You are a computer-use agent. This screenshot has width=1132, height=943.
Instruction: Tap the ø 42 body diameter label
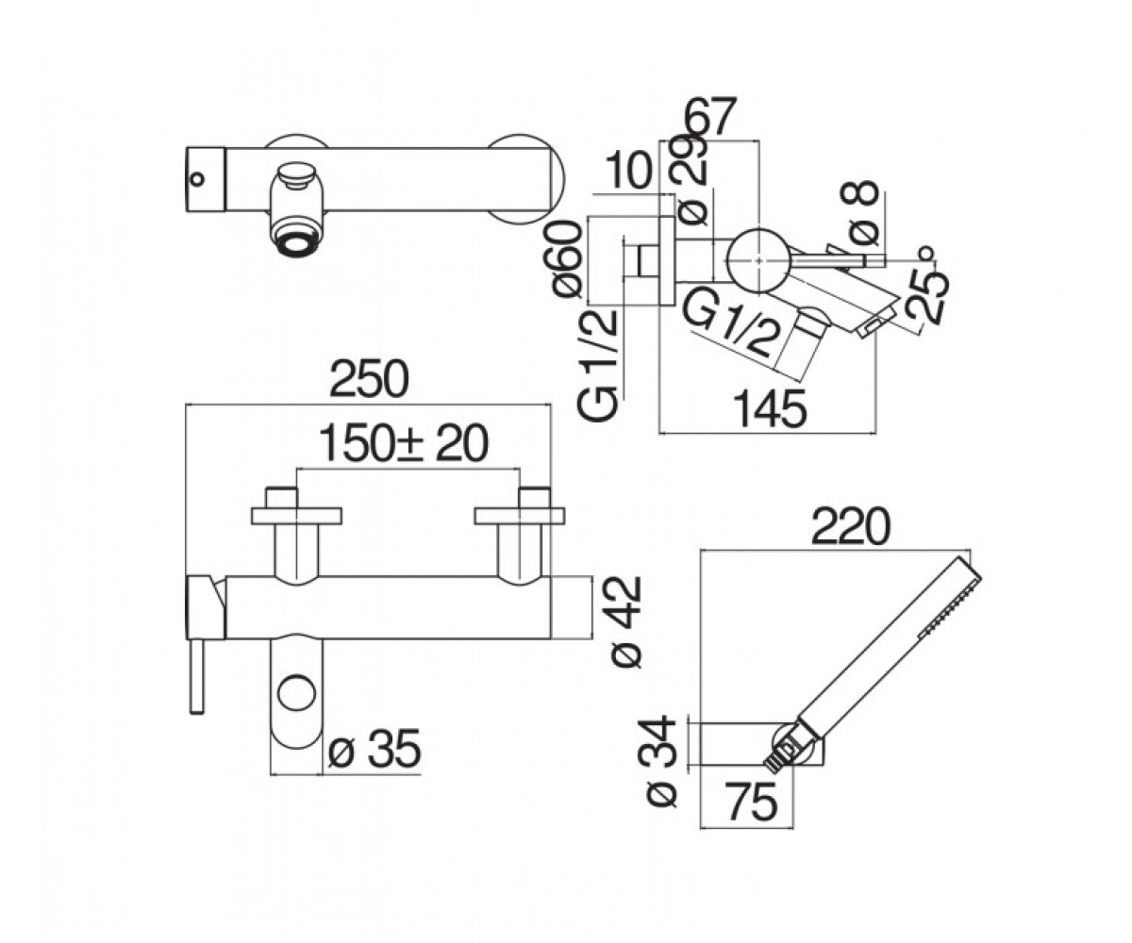point(626,622)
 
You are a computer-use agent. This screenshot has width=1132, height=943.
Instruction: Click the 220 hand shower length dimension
point(851,526)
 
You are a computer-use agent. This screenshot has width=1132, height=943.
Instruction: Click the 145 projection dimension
point(770,408)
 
